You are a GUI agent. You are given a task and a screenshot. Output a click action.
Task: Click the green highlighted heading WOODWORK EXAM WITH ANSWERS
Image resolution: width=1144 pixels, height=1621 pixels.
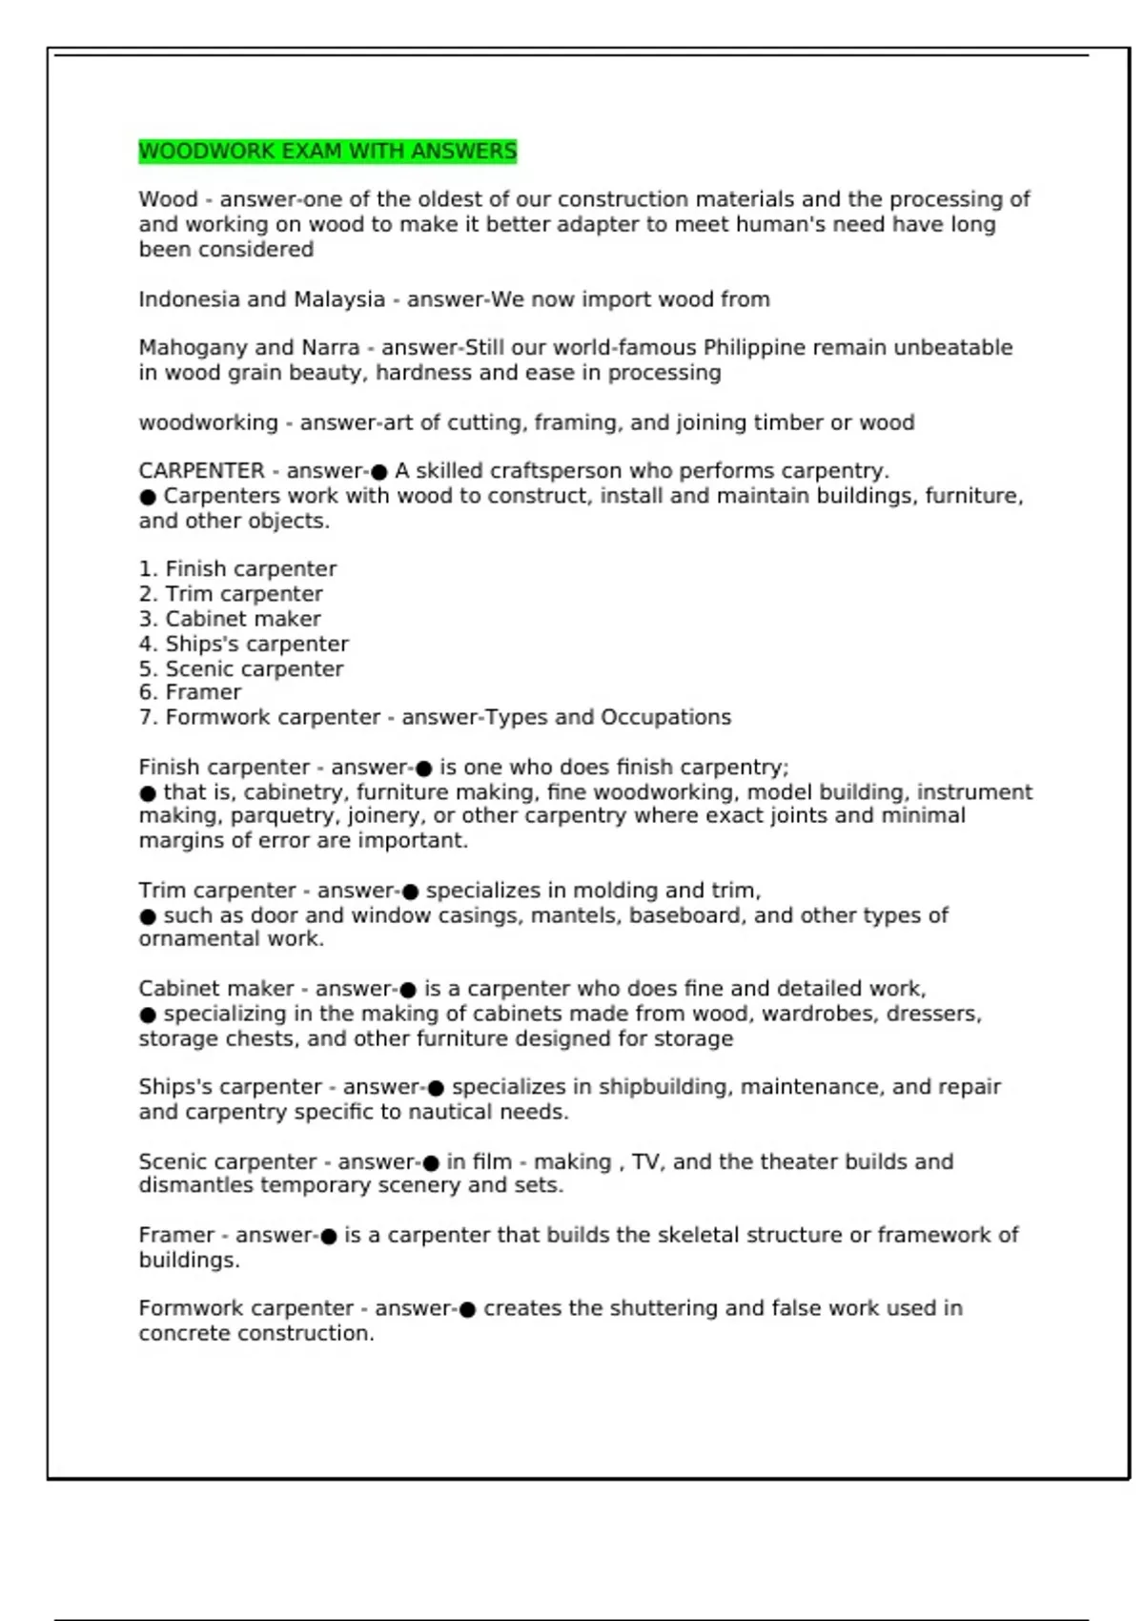327,152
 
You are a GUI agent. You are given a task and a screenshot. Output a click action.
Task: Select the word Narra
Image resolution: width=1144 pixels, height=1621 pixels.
330,348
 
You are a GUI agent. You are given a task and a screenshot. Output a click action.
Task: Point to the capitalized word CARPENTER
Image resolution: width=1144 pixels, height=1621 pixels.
201,471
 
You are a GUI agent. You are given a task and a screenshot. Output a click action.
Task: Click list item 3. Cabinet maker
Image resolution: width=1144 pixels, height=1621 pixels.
230,619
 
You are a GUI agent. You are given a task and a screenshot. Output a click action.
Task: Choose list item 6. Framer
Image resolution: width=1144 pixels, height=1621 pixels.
190,692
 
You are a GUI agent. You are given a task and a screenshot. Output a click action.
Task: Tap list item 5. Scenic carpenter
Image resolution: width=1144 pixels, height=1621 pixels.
241,668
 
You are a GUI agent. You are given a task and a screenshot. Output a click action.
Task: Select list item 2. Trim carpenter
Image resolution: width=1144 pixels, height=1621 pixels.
231,594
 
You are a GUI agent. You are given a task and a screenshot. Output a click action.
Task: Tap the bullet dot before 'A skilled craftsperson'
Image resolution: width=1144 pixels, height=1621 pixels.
378,472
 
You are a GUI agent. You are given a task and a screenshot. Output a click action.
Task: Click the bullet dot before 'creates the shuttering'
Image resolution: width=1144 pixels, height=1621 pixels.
467,1309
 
